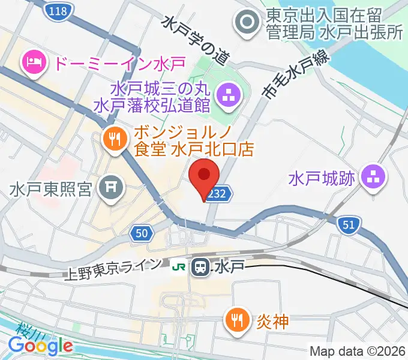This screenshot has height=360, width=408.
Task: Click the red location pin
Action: click(x=205, y=178)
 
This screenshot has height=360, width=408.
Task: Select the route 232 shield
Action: click(x=217, y=194)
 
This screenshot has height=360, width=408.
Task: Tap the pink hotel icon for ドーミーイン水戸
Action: click(x=32, y=61)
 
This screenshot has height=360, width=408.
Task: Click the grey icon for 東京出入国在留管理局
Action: click(x=247, y=23)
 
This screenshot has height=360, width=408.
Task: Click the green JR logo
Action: click(x=179, y=265)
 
